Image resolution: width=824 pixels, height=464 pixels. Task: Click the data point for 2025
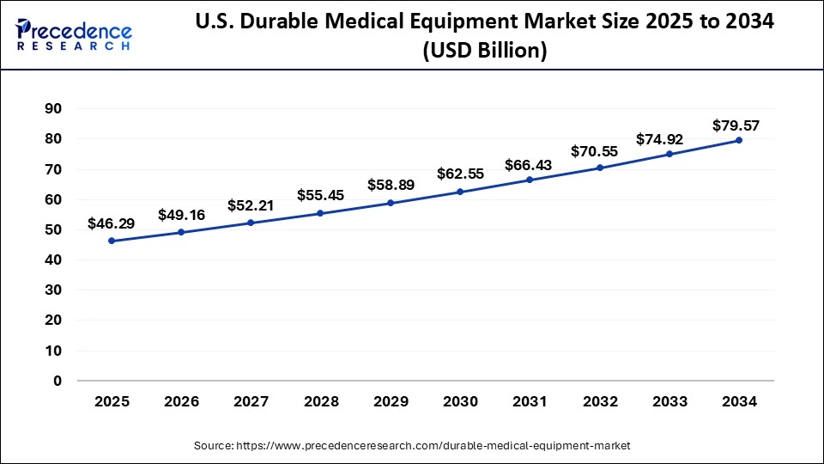point(112,241)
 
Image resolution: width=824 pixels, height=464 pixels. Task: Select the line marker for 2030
point(460,192)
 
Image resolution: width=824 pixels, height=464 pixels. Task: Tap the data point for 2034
point(739,140)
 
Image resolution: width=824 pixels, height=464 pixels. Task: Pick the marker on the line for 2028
point(321,213)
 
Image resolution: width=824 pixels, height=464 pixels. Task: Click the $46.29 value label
point(112,223)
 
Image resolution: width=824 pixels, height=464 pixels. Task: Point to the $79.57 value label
point(736,125)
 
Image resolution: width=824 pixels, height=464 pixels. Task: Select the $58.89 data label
point(391,185)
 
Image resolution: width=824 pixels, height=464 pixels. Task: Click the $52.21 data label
point(251,205)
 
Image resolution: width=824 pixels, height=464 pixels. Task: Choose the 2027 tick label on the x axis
point(251,401)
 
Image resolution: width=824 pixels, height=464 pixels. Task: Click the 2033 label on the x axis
point(669,401)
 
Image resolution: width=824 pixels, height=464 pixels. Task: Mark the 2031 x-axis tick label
point(530,401)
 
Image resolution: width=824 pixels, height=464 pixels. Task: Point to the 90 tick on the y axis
point(53,109)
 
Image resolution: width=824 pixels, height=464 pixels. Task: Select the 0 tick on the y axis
point(58,381)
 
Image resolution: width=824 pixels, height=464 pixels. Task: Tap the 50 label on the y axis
point(53,229)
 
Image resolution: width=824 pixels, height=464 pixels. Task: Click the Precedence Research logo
point(74,34)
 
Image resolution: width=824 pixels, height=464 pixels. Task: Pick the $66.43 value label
point(530,163)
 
